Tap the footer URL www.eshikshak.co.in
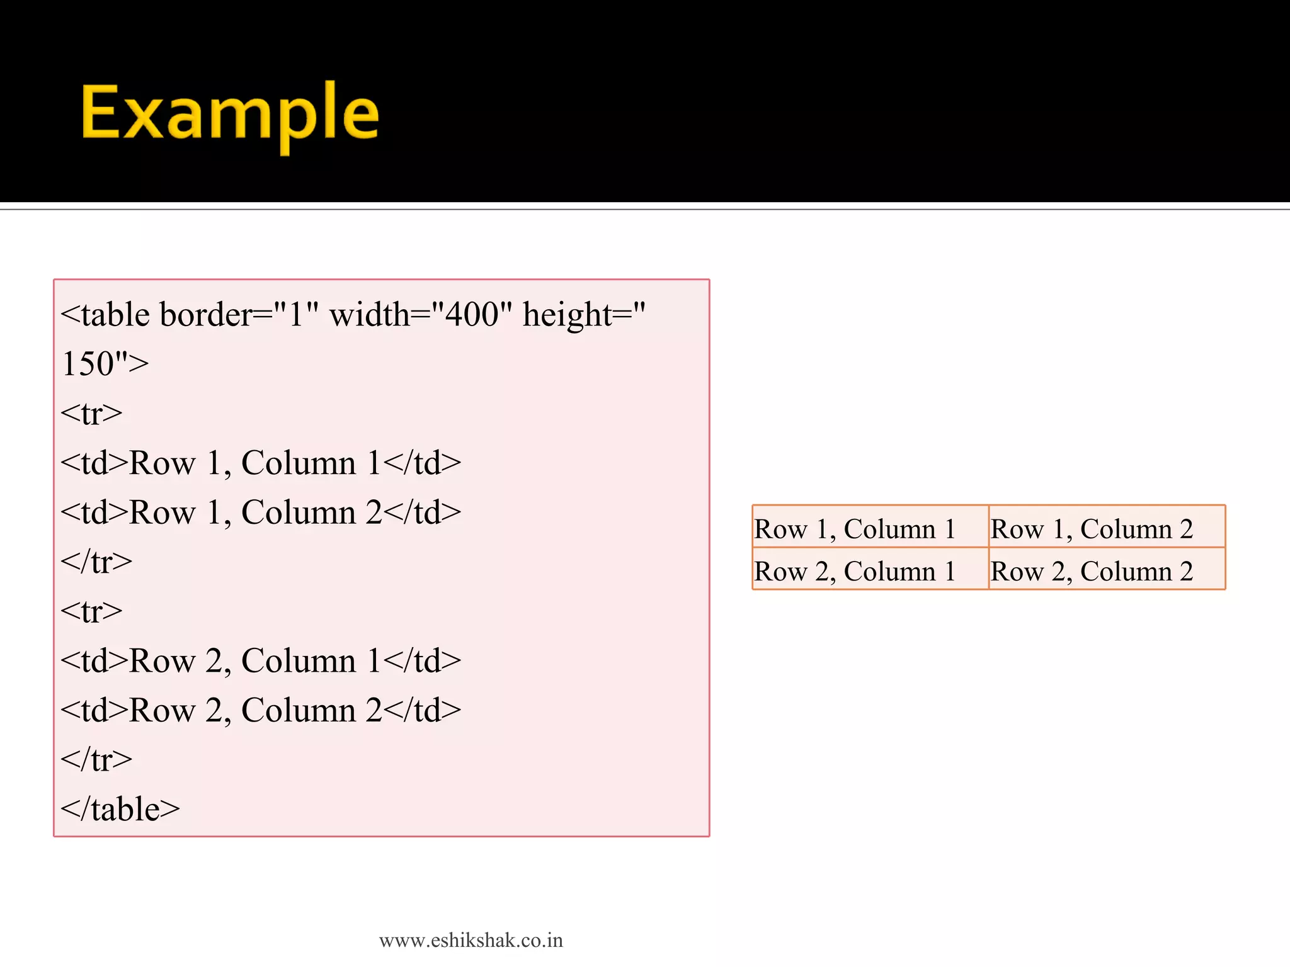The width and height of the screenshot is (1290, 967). pyautogui.click(x=471, y=941)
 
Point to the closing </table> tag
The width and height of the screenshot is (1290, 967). pyautogui.click(x=120, y=809)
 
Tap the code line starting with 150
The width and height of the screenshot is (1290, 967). pyautogui.click(x=105, y=364)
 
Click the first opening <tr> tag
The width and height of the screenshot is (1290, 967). pyautogui.click(x=92, y=414)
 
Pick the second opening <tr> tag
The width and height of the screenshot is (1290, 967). pyautogui.click(x=92, y=611)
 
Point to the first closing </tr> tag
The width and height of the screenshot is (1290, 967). pyautogui.click(x=96, y=562)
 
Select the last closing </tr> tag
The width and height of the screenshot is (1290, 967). pyautogui.click(x=96, y=760)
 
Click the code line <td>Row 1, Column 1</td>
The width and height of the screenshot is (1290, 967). pyautogui.click(x=261, y=463)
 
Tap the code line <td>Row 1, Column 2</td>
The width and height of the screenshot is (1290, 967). pyautogui.click(x=261, y=512)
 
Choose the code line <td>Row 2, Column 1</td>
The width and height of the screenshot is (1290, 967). pyautogui.click(x=261, y=661)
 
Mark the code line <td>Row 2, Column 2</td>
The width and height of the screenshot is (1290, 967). pyautogui.click(x=261, y=710)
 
